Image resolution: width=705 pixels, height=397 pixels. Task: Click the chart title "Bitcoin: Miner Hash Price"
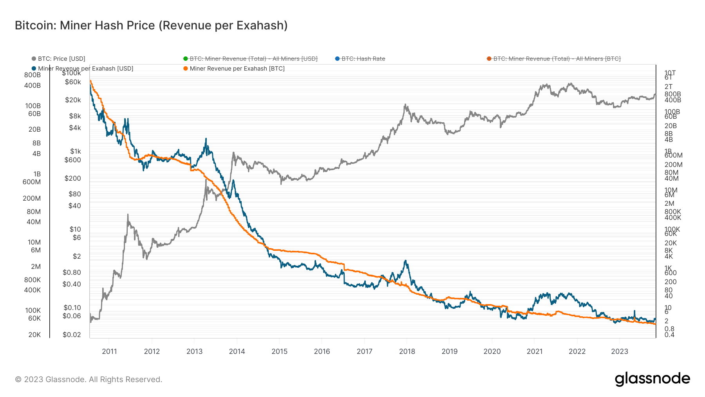coord(151,25)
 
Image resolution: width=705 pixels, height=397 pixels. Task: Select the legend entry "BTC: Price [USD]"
coord(61,59)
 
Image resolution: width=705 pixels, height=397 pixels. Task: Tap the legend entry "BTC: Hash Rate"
coord(363,59)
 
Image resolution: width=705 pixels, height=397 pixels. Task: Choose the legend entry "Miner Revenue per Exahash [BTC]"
coord(237,69)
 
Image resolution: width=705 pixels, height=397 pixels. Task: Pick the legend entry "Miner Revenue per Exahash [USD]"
coord(85,69)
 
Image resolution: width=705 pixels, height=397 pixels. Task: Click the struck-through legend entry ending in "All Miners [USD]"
coord(253,59)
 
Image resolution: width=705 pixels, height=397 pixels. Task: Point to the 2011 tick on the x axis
coord(109,351)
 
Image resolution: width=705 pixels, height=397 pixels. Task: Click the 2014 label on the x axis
coord(237,351)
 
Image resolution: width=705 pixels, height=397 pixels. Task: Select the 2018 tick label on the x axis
coord(407,351)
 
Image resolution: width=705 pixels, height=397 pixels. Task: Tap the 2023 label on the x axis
coord(620,351)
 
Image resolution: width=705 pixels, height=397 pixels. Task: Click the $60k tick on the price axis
coord(73,82)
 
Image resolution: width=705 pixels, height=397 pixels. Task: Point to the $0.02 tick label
coord(72,335)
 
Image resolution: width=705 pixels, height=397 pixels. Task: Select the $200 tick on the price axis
coord(72,178)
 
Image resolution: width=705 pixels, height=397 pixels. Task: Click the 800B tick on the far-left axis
coord(33,75)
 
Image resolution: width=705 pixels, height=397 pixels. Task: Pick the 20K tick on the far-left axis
coord(34,335)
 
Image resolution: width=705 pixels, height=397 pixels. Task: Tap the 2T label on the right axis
coord(669,87)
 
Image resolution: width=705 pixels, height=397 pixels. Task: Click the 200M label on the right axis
coord(673,165)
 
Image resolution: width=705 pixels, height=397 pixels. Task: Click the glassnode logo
coord(652,379)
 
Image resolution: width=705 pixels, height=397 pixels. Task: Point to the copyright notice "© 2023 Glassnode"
coord(89,379)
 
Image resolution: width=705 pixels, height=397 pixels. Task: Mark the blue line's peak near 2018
coord(406,261)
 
